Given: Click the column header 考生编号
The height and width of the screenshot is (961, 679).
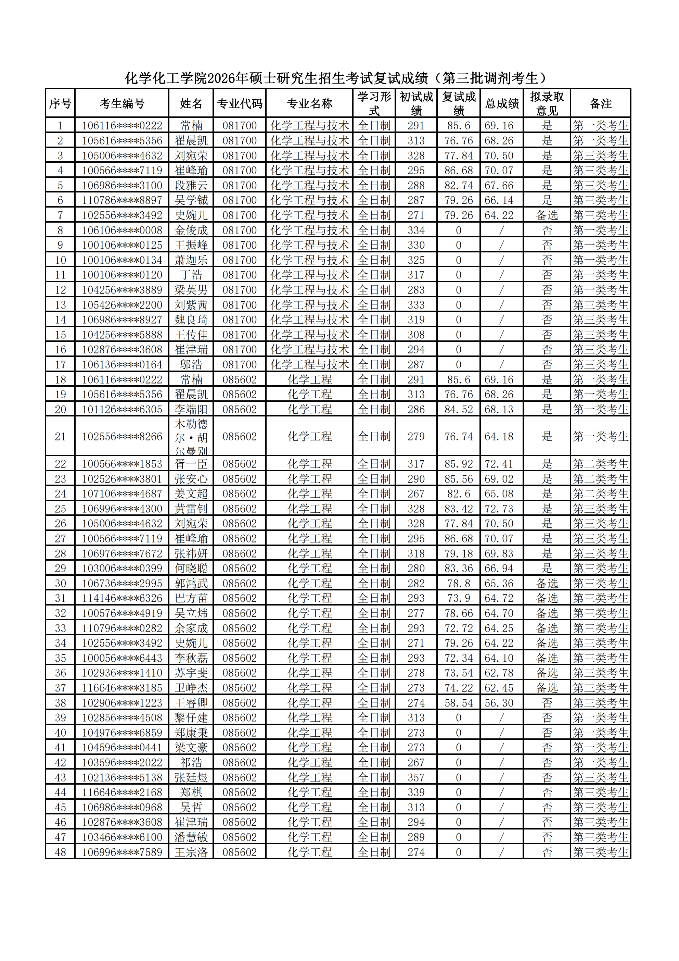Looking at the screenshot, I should coord(122,103).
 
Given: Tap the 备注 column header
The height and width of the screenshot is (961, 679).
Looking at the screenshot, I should coord(600,103).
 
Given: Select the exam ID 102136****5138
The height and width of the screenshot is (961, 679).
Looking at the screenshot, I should coord(122,777).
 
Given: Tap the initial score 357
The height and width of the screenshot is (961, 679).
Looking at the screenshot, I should coord(416,777).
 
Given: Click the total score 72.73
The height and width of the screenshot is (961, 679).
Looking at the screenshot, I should coord(499,509).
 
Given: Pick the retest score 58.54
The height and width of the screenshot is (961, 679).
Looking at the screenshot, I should coord(459,703).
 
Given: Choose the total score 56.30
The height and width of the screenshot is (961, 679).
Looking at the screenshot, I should coord(499,703).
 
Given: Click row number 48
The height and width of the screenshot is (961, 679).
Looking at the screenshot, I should coord(60,852).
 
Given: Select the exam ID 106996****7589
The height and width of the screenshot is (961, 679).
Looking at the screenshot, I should coord(122,852).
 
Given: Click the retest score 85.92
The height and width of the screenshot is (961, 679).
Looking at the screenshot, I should coord(459,464).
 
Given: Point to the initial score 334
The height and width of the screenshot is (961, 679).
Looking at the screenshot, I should coord(416,230).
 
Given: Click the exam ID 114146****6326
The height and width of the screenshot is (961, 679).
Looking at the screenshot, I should coord(122,598).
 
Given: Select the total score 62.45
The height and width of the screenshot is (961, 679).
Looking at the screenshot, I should coord(499,688).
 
